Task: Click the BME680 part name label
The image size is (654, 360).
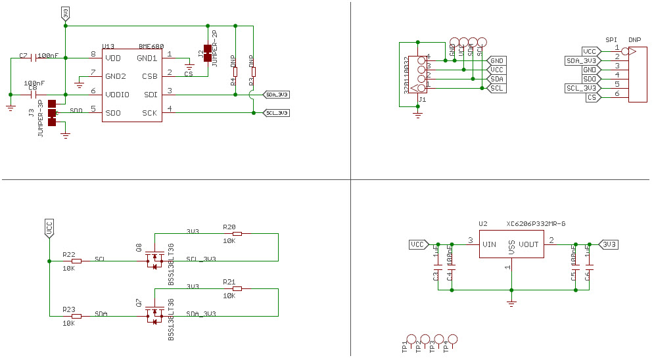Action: pyautogui.click(x=151, y=47)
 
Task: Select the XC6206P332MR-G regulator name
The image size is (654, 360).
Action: pyautogui.click(x=536, y=224)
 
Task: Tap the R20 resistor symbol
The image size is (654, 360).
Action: pyautogui.click(x=237, y=234)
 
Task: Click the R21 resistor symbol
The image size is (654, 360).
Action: pyautogui.click(x=237, y=288)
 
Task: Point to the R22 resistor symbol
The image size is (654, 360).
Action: pyautogui.click(x=76, y=261)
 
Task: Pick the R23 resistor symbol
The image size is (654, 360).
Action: pyautogui.click(x=76, y=316)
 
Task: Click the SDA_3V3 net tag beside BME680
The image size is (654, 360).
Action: pyautogui.click(x=276, y=95)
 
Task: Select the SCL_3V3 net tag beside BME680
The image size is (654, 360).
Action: pyautogui.click(x=276, y=113)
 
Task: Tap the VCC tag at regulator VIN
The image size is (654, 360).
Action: pyautogui.click(x=417, y=244)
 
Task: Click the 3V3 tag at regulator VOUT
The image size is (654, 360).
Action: pyautogui.click(x=609, y=244)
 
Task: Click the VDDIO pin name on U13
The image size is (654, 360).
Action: pyautogui.click(x=118, y=95)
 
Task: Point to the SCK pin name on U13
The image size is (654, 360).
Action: pyautogui.click(x=149, y=113)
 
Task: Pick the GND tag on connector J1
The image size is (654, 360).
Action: pyautogui.click(x=496, y=60)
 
